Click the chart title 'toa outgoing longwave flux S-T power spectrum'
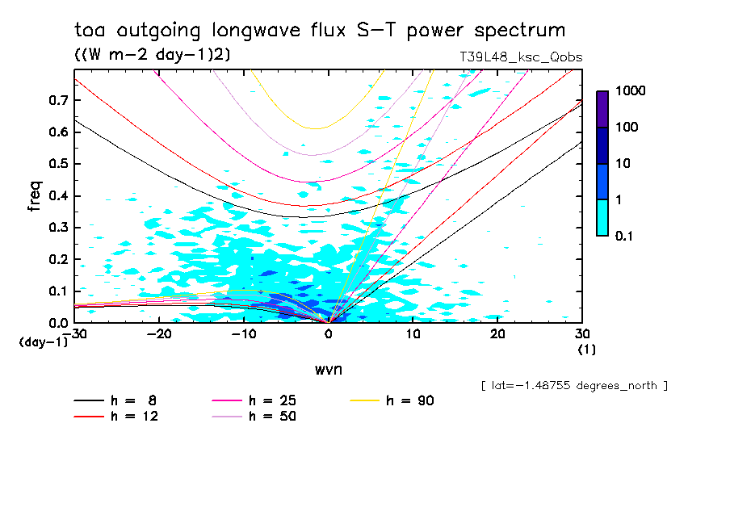point(320,31)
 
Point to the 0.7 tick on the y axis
point(57,100)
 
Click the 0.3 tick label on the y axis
point(57,228)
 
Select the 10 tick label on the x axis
point(413,334)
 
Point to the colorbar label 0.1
point(627,236)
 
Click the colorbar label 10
point(623,164)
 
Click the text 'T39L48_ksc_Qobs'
point(519,57)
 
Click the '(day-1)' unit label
point(44,342)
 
